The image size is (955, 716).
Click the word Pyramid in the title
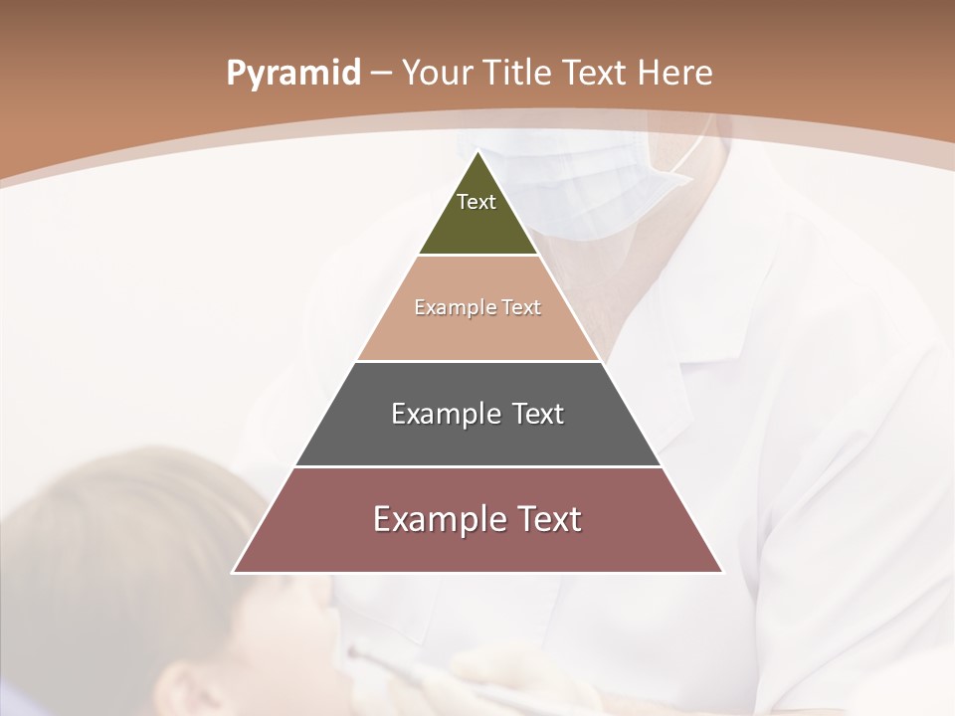(293, 74)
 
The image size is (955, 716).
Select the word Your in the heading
(437, 74)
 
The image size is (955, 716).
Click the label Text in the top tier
(477, 202)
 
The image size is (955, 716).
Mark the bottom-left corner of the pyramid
(234, 572)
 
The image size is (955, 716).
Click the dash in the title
(380, 74)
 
